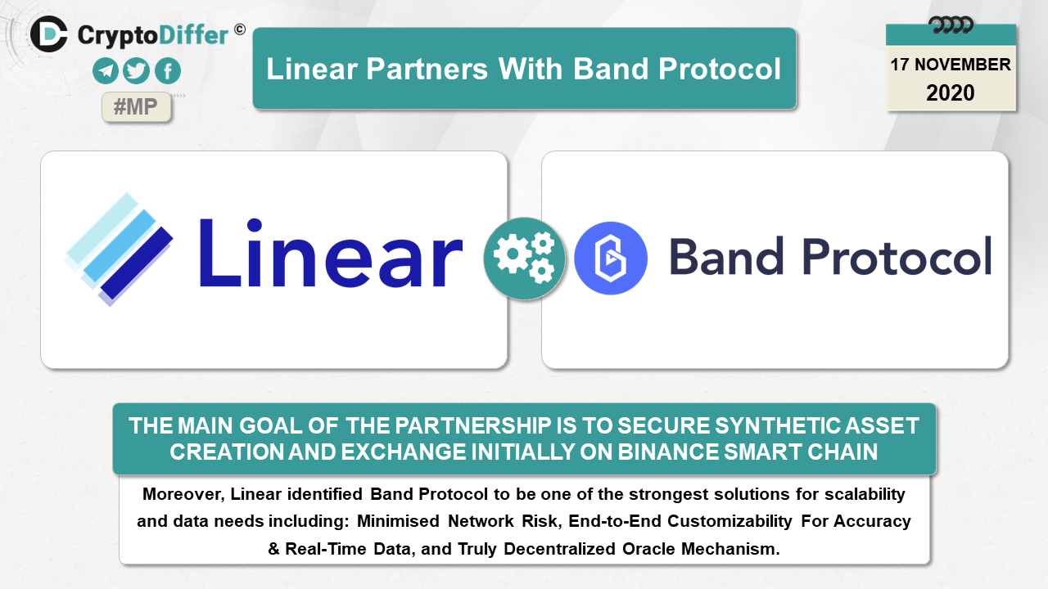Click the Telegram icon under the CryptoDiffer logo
point(106,70)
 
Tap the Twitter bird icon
point(136,70)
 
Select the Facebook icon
point(168,70)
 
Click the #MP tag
point(136,107)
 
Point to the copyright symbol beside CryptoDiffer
point(240,30)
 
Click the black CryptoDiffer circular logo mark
point(49,34)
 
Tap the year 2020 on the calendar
point(951,93)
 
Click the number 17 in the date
point(899,65)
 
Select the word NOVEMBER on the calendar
point(962,65)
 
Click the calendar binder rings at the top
point(951,25)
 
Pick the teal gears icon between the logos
point(524,259)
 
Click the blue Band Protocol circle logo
point(611,258)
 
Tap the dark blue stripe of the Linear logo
point(137,263)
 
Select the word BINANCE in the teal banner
point(667,452)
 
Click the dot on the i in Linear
point(254,225)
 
